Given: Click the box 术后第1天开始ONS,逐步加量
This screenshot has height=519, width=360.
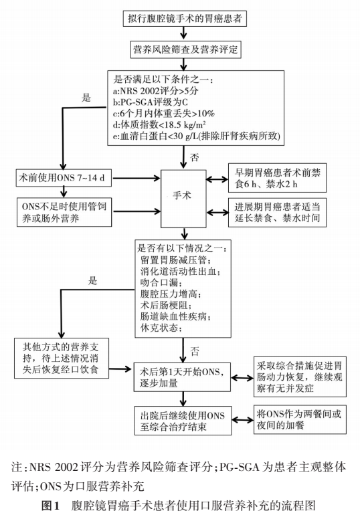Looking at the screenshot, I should [x=181, y=377].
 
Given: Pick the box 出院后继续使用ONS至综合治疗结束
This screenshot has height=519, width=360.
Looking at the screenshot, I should [x=181, y=419].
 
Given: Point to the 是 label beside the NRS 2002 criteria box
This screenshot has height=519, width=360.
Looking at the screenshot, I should [x=86, y=98].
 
